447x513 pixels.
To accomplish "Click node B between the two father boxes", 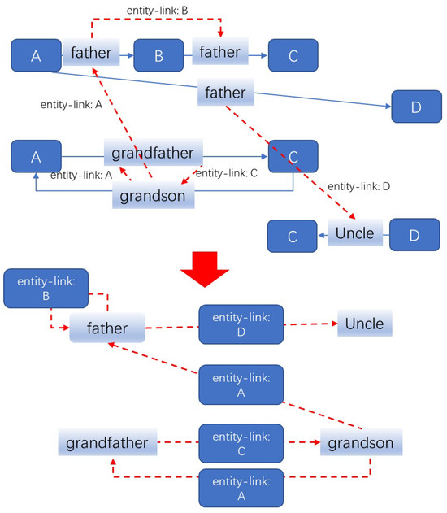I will [159, 55].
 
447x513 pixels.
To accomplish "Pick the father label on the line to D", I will [226, 93].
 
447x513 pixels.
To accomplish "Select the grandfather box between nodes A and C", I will [153, 153].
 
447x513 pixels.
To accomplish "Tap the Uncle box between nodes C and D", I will [355, 234].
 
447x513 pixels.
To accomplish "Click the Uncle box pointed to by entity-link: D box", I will [364, 324].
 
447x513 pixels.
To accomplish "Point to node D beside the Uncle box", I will [413, 235].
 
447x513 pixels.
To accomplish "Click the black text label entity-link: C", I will [227, 173].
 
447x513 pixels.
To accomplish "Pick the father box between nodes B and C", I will [219, 54].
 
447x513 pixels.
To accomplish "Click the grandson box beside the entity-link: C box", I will [362, 444].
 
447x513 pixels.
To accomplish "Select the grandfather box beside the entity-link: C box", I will [106, 444].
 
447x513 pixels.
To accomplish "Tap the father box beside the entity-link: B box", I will [107, 329].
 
